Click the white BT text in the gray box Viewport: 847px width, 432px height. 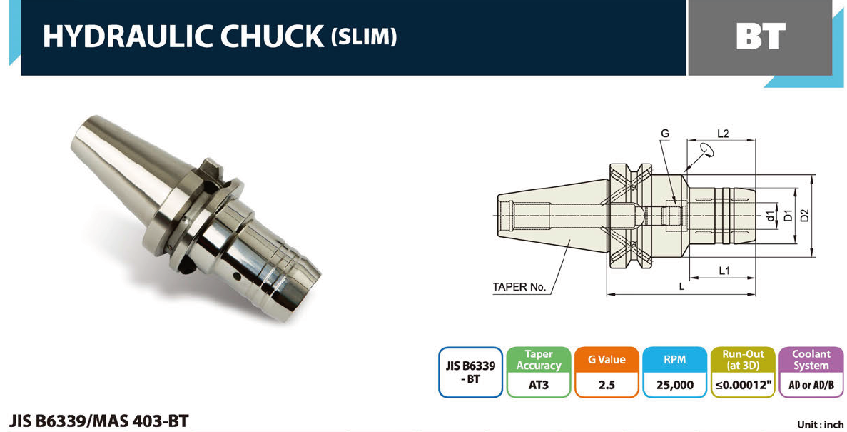pyautogui.click(x=761, y=36)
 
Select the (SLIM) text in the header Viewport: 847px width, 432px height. pyautogui.click(x=363, y=36)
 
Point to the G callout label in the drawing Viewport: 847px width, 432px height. pyautogui.click(x=664, y=133)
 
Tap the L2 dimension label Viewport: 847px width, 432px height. pyautogui.click(x=723, y=133)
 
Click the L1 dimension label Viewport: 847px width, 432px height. pyautogui.click(x=724, y=271)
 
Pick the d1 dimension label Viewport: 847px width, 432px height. pyautogui.click(x=771, y=216)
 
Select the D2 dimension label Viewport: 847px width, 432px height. pyautogui.click(x=805, y=215)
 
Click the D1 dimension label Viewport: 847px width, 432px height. pyautogui.click(x=788, y=215)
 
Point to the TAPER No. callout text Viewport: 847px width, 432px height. pyautogui.click(x=519, y=287)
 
